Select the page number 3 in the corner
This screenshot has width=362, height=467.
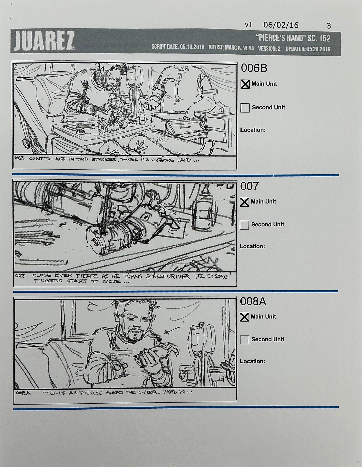click(329, 26)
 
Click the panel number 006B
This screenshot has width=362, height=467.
click(254, 68)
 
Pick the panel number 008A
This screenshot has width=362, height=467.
click(253, 302)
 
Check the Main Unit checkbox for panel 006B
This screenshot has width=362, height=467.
click(245, 84)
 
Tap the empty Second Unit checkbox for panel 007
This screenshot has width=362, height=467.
click(244, 225)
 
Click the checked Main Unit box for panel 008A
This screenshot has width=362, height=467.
click(244, 317)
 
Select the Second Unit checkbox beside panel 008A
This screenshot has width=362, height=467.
click(244, 340)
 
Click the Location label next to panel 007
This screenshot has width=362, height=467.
click(252, 246)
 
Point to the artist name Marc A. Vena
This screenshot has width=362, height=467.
click(239, 48)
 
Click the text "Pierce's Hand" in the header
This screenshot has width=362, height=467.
click(279, 38)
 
